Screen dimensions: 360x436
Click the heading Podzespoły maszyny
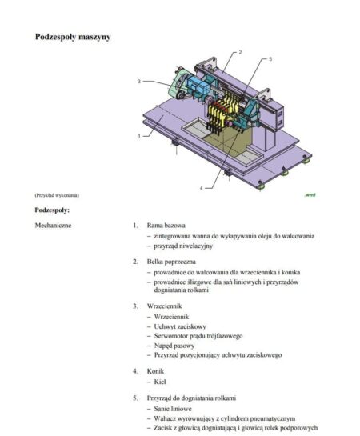click(73, 37)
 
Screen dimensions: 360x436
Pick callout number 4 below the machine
click(201, 187)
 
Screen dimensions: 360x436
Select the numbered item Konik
click(155, 371)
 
